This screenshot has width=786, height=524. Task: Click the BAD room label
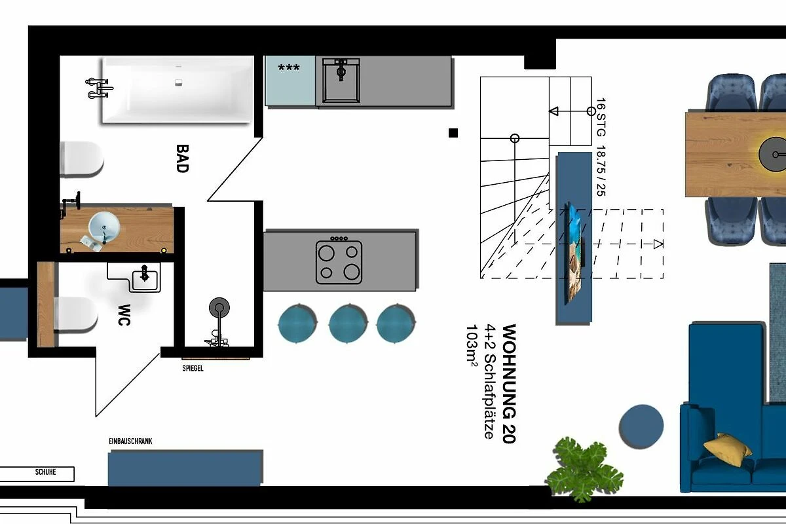(x=182, y=159)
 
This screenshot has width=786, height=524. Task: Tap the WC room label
(x=124, y=315)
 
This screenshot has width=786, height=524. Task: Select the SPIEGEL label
(x=193, y=368)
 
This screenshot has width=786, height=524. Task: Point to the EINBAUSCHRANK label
(x=130, y=441)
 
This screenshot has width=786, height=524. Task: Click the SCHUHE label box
(x=37, y=474)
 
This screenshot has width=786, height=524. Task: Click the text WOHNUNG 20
(x=509, y=384)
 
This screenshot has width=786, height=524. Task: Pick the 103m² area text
(x=472, y=345)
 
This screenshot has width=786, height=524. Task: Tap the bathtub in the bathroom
(x=178, y=90)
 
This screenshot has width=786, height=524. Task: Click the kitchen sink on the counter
(x=341, y=81)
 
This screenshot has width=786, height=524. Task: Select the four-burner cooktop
(x=339, y=261)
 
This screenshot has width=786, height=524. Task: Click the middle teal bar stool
(x=348, y=324)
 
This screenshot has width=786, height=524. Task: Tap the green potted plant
(x=584, y=469)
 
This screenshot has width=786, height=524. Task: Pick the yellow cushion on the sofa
(x=727, y=449)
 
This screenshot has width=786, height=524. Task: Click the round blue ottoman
(x=641, y=426)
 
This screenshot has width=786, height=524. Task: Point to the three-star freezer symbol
(x=289, y=67)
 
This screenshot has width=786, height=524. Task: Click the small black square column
(x=453, y=133)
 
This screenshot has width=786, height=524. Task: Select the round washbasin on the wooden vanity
(x=104, y=227)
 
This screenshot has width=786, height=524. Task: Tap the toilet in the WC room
(x=75, y=314)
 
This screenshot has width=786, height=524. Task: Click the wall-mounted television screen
(x=574, y=253)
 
